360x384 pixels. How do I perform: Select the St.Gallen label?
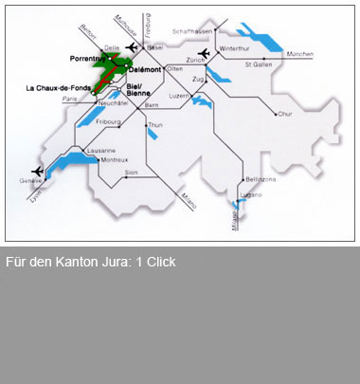click(259, 65)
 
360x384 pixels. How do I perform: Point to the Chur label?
click(287, 114)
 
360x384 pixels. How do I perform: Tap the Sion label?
click(132, 172)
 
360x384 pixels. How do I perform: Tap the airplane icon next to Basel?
click(132, 46)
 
